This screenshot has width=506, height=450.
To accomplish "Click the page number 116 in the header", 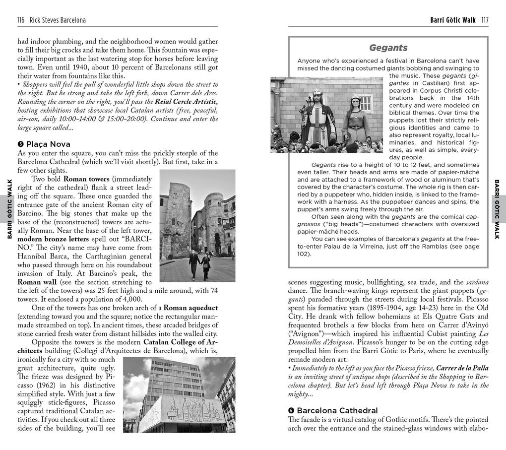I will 21,20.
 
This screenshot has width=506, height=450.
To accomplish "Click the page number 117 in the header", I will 484,20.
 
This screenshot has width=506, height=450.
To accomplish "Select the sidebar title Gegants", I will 388,48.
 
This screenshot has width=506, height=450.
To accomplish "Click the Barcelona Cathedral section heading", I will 337,410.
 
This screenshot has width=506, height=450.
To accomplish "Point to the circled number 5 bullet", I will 21,144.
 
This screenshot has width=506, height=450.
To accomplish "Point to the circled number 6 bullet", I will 291,410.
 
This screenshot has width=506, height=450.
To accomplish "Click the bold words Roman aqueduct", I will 190,308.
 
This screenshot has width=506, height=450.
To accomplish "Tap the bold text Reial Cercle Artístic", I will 186,102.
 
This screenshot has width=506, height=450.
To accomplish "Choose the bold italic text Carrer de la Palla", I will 462,368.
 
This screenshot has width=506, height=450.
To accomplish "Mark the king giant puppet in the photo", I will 317,117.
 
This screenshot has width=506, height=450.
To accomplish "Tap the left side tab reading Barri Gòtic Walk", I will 9,209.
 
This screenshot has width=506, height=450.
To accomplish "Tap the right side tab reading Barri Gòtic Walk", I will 497,209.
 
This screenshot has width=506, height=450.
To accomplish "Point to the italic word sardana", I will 477,282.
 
